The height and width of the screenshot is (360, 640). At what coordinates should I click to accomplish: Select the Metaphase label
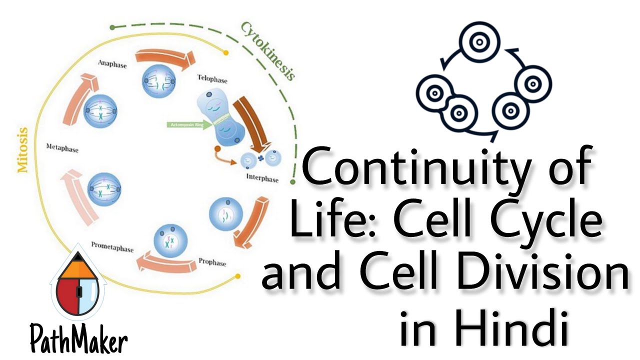click(62, 148)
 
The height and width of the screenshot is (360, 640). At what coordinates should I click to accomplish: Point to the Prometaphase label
click(112, 246)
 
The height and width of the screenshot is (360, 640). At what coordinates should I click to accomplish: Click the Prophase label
click(212, 261)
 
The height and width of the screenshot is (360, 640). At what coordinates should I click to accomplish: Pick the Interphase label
click(262, 178)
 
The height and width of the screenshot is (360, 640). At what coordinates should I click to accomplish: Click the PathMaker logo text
click(78, 340)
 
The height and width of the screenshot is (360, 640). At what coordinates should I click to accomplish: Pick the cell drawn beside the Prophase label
click(225, 214)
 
